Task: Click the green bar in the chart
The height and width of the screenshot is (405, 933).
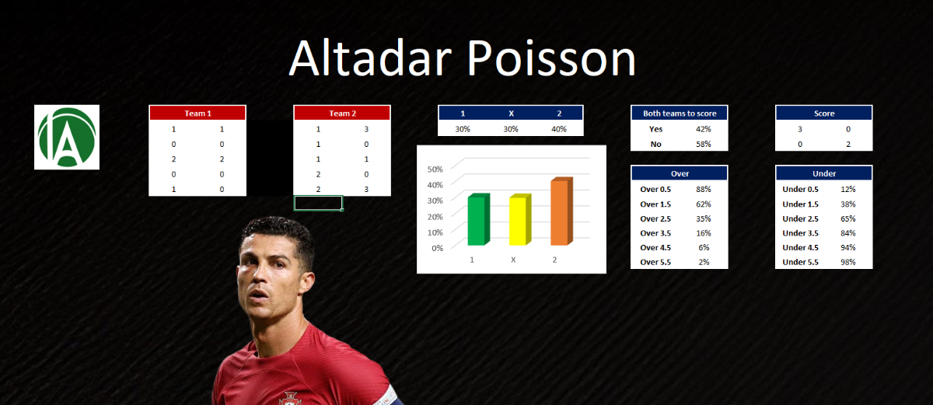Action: [x=478, y=219]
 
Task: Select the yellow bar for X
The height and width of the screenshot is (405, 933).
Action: [x=520, y=219]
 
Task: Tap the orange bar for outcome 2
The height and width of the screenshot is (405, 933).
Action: [x=561, y=211]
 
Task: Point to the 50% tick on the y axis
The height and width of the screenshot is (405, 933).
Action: [x=435, y=169]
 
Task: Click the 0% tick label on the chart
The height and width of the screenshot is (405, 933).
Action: [x=437, y=248]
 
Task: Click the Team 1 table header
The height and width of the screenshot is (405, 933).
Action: [x=197, y=113]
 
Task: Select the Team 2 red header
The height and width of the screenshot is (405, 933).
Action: [x=342, y=113]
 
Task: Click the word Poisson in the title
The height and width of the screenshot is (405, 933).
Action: [x=551, y=58]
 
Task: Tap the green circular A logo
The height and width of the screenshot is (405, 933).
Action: [x=67, y=137]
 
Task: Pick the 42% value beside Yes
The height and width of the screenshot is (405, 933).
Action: [x=703, y=129]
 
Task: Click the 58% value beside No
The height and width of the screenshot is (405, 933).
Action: [x=703, y=144]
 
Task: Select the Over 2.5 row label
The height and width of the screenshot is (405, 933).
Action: [x=655, y=218]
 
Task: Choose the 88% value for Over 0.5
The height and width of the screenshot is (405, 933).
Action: [x=703, y=189]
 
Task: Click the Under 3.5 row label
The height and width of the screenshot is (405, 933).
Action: [x=800, y=233]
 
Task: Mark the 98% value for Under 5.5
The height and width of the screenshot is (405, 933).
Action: [x=847, y=262]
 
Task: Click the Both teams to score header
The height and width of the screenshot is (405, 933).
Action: [x=680, y=113]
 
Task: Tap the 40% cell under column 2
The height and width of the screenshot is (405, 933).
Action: [x=558, y=129]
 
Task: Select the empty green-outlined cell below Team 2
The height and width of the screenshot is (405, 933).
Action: [x=318, y=203]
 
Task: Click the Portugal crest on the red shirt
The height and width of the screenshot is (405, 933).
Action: [x=290, y=398]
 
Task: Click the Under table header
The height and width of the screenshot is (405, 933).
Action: [x=824, y=173]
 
